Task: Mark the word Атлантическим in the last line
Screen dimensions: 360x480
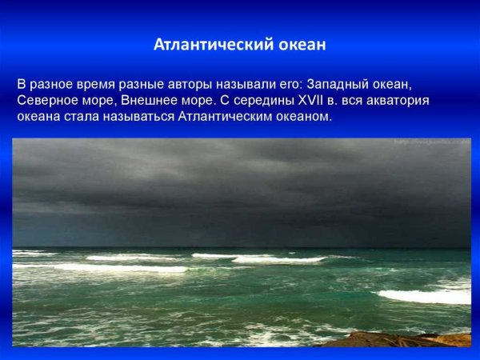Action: coord(226,117)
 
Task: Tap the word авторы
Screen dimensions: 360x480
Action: coord(163,83)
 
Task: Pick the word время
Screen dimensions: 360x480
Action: coord(96,83)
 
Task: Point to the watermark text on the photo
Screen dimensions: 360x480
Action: coord(432,142)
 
